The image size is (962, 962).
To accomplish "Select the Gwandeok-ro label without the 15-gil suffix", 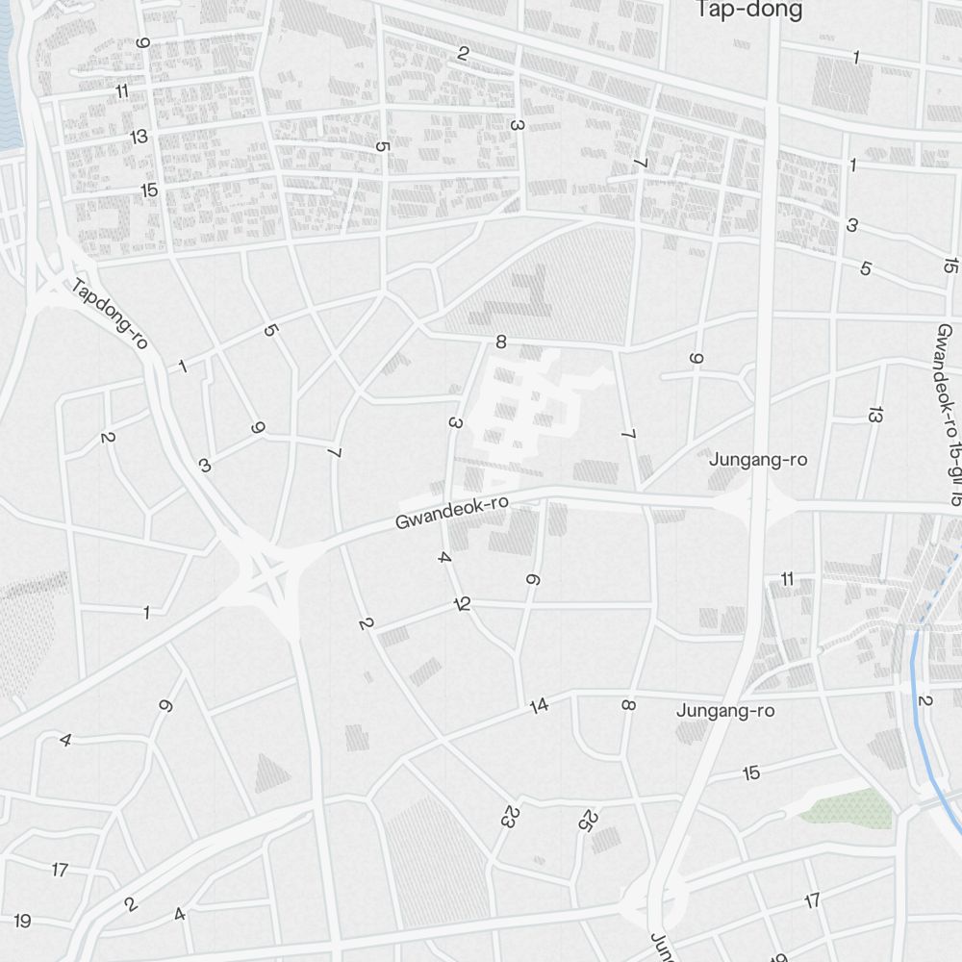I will pos(450,514).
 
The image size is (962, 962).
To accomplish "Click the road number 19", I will pos(22,921).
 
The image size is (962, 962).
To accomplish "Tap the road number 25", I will pos(588,821).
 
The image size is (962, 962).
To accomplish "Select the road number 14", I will pos(539,705).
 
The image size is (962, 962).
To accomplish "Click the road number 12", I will pos(464,605).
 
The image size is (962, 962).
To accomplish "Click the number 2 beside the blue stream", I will pos(925,699).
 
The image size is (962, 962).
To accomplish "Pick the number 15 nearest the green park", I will pos(751,772).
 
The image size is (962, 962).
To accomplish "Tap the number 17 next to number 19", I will pos(60,870).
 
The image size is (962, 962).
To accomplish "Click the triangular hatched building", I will pos(272,772).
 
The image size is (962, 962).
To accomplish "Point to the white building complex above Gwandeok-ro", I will pos(529,404).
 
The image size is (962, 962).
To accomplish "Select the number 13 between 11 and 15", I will pos(139,136).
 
